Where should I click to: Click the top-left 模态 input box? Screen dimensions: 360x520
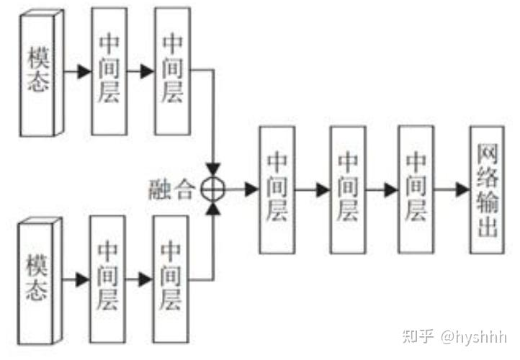(x=40, y=71)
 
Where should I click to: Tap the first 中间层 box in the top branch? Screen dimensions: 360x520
(x=108, y=71)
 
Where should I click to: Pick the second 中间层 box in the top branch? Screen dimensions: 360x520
(x=173, y=71)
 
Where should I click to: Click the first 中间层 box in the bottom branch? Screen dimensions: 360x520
(x=108, y=279)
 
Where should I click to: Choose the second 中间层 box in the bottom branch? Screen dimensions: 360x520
(x=171, y=279)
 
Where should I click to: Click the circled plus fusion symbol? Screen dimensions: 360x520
(x=213, y=189)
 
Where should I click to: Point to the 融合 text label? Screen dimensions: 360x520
(x=174, y=189)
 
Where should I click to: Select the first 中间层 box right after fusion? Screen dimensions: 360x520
(x=277, y=189)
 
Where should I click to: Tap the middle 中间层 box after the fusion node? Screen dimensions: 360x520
(x=348, y=189)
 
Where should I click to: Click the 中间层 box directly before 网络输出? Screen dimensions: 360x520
(x=416, y=189)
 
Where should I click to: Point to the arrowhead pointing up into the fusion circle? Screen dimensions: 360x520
(x=213, y=209)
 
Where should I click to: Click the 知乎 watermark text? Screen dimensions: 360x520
(x=418, y=336)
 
